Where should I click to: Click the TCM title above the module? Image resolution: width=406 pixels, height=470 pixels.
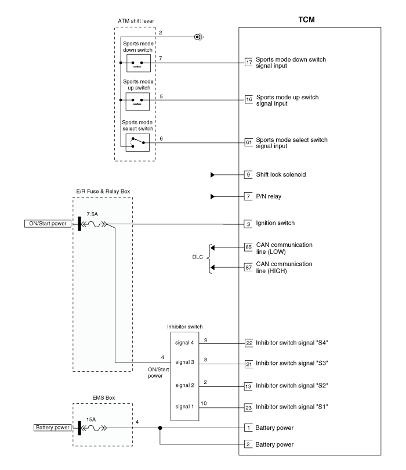306,20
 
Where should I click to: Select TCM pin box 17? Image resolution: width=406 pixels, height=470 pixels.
249,62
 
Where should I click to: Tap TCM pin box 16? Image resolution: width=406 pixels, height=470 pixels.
249,99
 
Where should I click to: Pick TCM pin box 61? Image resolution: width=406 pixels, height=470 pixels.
249,142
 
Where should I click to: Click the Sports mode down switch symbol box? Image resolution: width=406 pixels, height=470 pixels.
139,63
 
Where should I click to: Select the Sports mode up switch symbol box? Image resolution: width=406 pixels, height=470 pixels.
137,102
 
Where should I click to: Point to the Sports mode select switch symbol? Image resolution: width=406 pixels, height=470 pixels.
137,142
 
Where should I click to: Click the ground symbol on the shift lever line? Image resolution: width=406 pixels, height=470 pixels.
199,37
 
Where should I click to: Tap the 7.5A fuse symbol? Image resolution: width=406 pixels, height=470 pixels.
94,224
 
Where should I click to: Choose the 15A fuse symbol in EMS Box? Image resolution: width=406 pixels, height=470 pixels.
94,428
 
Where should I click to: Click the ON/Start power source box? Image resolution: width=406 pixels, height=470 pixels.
48,224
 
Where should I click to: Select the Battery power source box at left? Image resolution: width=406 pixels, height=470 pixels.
53,428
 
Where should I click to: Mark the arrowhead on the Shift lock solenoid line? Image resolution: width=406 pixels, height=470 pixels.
213,175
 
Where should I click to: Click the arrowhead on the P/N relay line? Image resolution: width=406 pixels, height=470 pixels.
213,196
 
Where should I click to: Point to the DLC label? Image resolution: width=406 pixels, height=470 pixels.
197,257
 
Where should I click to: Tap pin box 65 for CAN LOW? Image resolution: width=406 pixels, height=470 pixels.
248,247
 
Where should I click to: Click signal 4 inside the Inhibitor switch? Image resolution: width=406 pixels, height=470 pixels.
184,343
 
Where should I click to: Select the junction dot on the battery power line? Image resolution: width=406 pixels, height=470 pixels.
160,428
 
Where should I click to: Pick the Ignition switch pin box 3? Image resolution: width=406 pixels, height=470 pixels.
248,224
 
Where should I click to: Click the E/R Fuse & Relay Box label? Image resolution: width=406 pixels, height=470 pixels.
103,191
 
